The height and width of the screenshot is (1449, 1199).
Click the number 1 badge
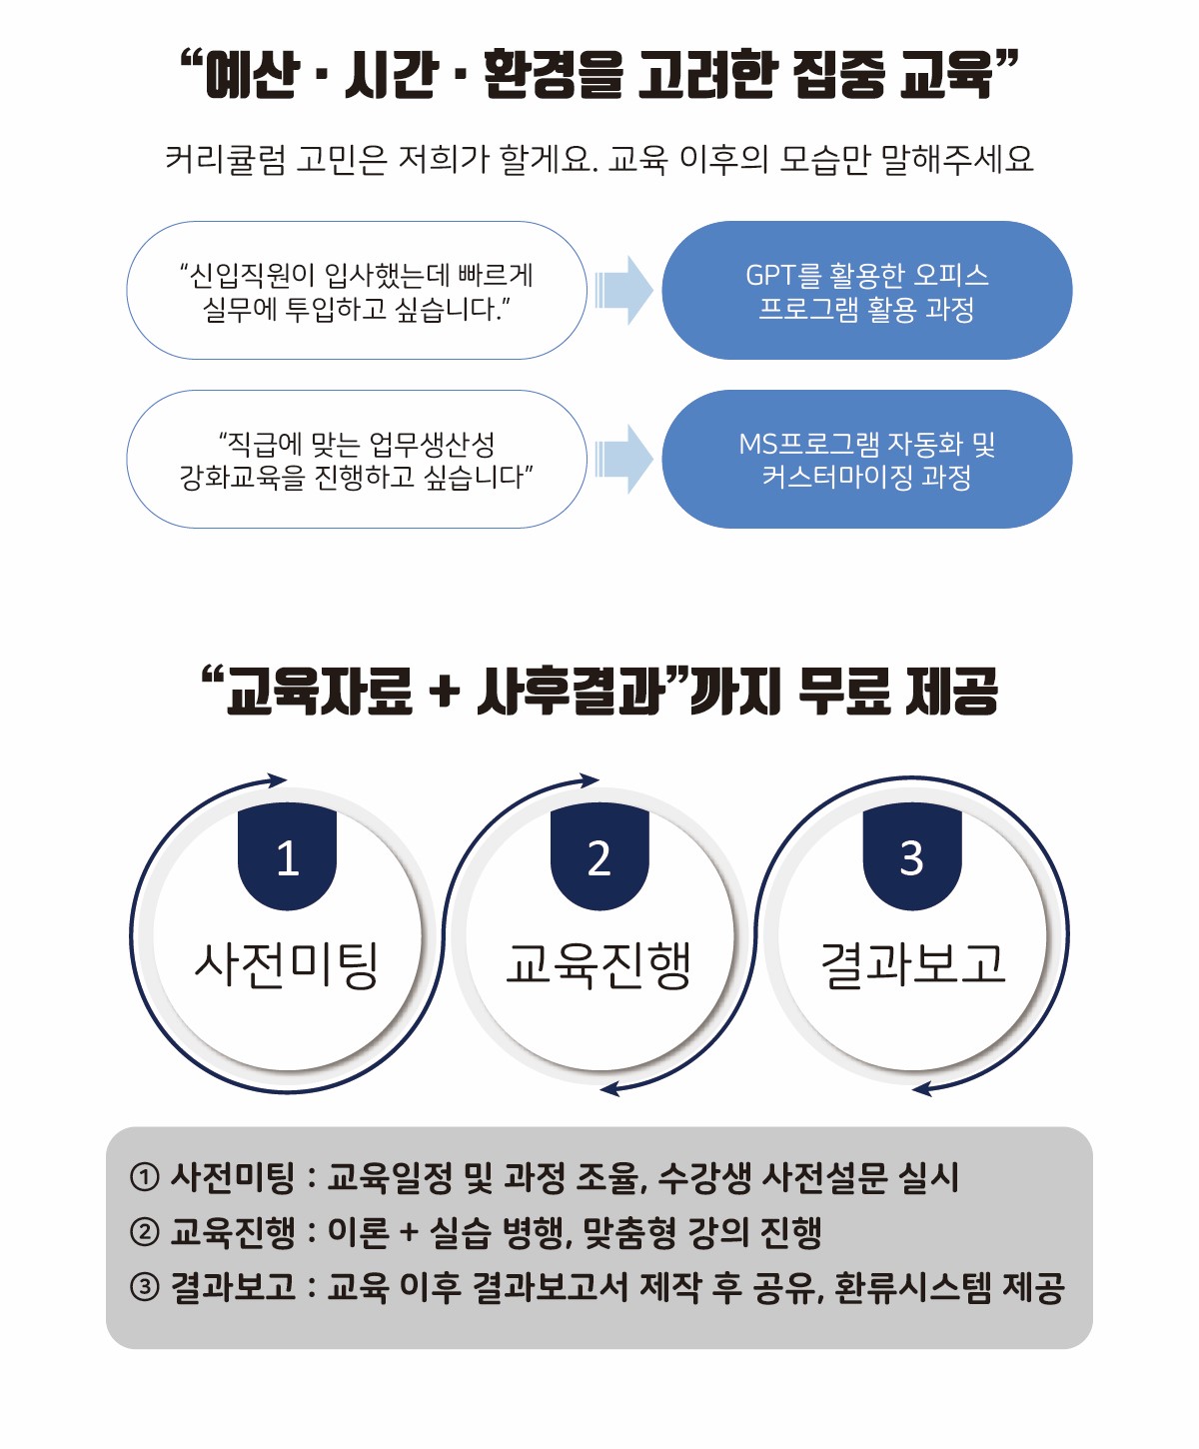287,857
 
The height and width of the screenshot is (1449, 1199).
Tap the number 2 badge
599,857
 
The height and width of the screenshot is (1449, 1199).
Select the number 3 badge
912,857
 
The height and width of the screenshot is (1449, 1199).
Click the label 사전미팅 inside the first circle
287,964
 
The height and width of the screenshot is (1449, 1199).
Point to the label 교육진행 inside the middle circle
599,964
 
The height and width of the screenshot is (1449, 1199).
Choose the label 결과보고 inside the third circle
912,964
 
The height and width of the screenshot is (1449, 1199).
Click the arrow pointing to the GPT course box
623,290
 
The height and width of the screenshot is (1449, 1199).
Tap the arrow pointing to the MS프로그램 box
623,459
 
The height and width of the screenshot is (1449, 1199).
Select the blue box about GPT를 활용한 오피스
866,290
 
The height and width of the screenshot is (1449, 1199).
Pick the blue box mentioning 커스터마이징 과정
866,459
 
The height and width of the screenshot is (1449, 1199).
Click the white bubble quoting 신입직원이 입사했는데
356,290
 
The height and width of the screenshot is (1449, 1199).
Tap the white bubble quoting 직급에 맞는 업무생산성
356,459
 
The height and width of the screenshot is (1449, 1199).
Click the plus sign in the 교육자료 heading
446,692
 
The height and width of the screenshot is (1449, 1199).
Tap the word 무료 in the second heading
842,692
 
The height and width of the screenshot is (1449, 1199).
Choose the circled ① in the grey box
145,1177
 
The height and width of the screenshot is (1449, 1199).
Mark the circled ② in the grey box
145,1232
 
